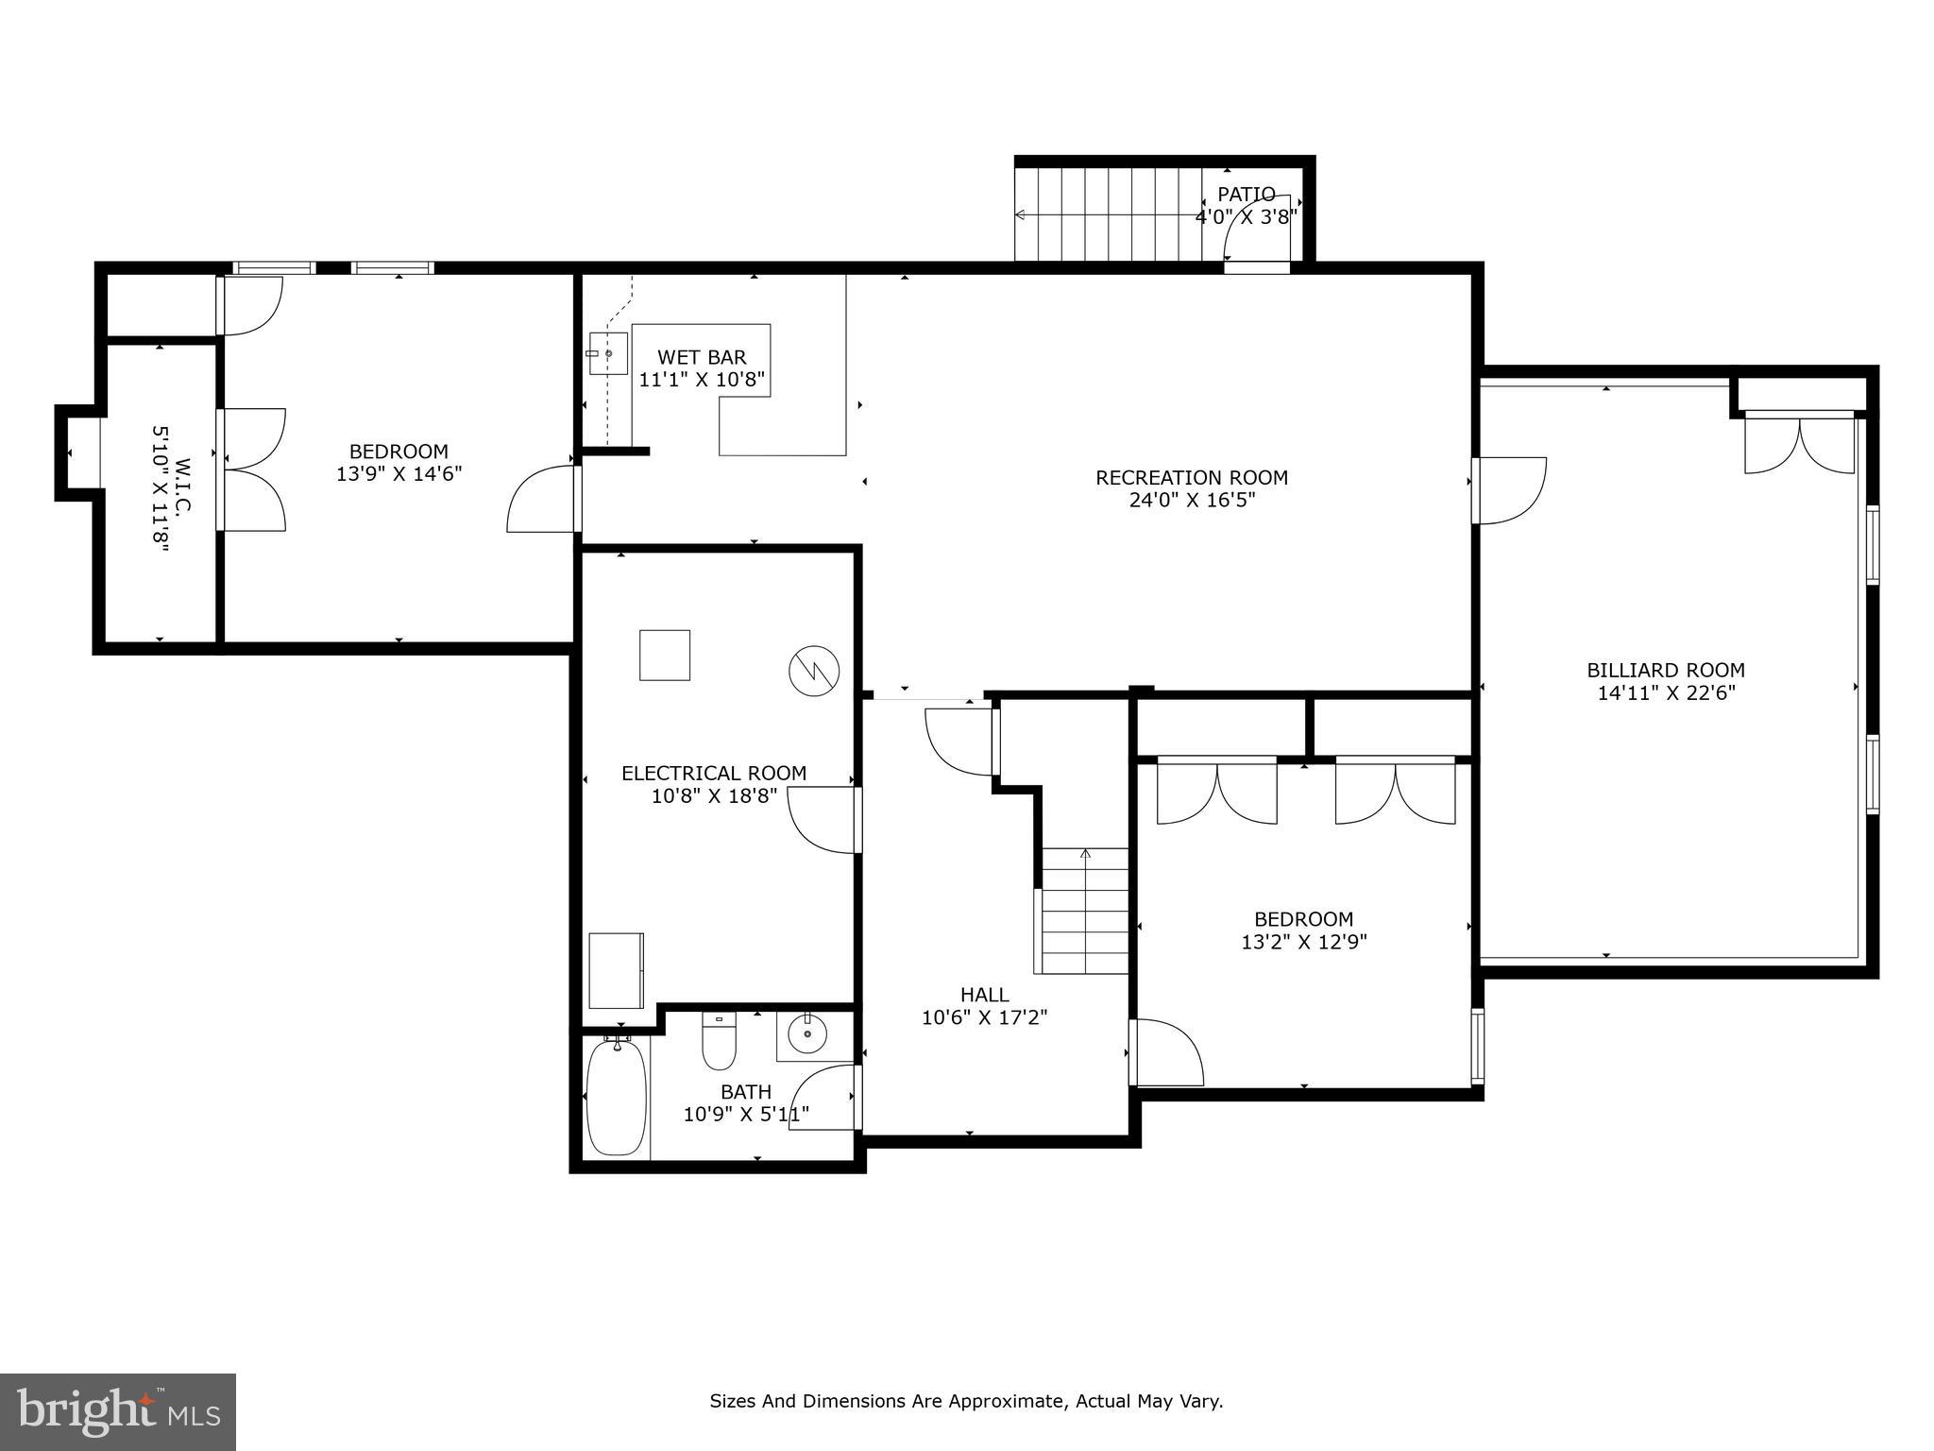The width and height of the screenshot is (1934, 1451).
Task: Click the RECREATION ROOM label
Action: click(1191, 478)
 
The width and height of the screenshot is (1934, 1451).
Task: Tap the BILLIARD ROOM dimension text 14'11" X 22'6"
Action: click(1666, 693)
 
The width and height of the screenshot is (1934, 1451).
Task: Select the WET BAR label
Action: click(702, 357)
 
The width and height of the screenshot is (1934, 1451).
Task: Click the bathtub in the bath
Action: click(616, 1097)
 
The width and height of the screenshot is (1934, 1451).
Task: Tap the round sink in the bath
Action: click(807, 1034)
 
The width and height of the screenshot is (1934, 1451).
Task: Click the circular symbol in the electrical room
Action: click(813, 671)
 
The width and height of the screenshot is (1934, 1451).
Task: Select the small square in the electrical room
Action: click(664, 655)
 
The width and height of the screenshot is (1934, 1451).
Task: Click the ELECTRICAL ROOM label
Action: click(714, 774)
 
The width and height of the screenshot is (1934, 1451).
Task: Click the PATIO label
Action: click(1246, 195)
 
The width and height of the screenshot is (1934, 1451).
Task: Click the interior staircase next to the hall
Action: click(1085, 912)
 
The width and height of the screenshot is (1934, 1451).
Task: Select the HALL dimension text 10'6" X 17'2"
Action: click(984, 1017)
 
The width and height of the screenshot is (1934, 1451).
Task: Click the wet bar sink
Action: click(607, 353)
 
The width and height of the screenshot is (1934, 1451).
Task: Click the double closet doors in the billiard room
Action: click(1799, 444)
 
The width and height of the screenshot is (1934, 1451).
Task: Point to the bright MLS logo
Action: click(118, 1412)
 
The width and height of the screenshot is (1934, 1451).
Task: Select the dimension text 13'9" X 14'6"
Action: click(399, 474)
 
